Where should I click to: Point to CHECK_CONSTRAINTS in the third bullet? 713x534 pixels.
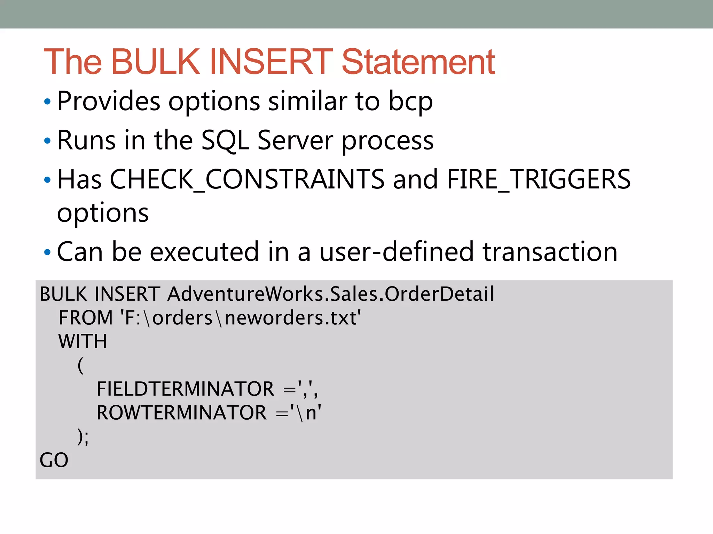(247, 179)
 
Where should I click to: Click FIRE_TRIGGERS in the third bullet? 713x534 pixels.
(539, 179)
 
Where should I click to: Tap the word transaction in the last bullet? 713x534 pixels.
(550, 252)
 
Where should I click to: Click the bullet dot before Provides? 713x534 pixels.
(47, 102)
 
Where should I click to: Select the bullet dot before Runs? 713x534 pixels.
(47, 141)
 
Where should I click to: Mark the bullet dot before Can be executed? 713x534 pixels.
(47, 252)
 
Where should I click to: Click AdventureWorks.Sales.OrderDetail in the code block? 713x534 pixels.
(331, 294)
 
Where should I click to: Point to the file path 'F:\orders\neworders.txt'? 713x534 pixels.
(241, 318)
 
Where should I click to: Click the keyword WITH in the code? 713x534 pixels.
(83, 341)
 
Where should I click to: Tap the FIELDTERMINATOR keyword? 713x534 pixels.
(185, 389)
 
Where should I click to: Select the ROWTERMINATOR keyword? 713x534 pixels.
(181, 413)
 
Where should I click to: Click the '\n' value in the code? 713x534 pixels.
(306, 413)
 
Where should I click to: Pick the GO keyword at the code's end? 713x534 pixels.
(54, 460)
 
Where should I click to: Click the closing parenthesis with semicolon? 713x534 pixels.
(83, 437)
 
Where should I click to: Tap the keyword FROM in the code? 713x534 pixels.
(86, 318)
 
